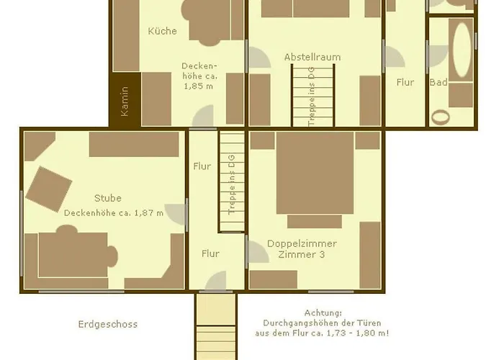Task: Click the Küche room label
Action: pos(162,31)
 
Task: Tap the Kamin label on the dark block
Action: pos(125,102)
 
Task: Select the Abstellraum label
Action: pos(312,57)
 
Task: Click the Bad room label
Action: pos(438,82)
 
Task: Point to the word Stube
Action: pos(108,198)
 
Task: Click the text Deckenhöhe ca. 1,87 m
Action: pos(114,213)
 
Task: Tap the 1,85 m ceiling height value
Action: pos(198,86)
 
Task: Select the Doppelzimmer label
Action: pos(302,243)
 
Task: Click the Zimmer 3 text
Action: pos(301,254)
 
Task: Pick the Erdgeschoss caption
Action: pos(108,324)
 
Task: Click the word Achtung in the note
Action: pos(323,312)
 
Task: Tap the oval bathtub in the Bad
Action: pos(462,50)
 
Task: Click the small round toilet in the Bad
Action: pos(440,117)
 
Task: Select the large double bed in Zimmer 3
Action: pos(315,173)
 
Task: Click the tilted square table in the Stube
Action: pos(48,189)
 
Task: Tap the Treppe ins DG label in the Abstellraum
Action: pos(311,96)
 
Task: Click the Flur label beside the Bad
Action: pos(405,82)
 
